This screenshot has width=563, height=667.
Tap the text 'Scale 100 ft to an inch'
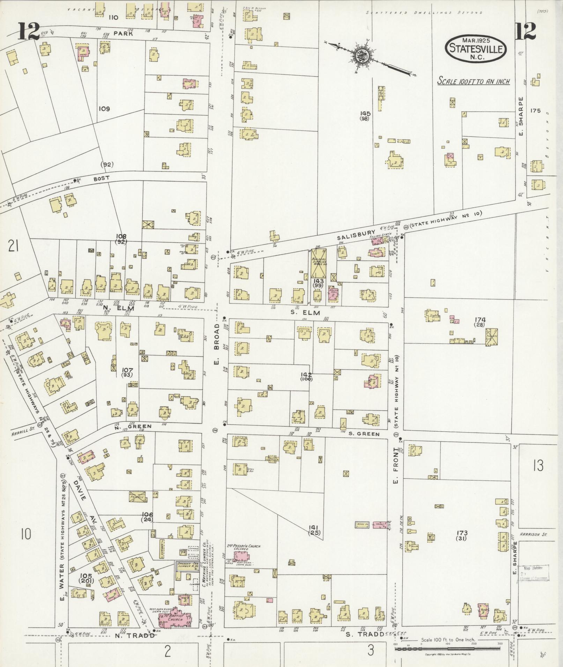[x=474, y=82]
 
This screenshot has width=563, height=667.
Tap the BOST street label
[x=101, y=178]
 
